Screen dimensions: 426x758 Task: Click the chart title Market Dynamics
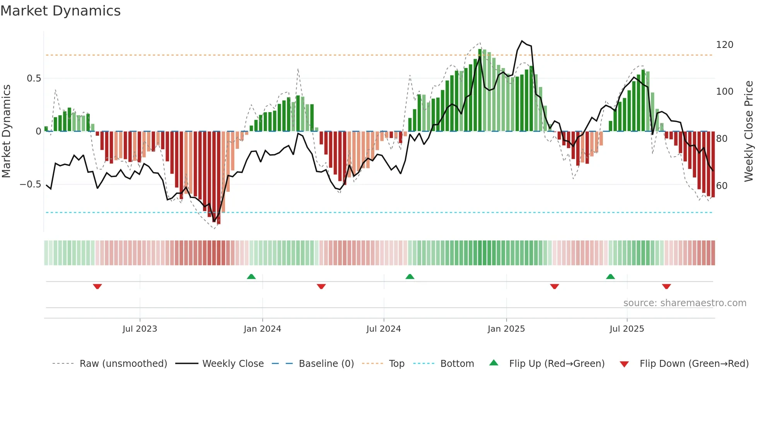pos(60,11)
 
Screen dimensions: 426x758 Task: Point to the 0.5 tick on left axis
pos(34,78)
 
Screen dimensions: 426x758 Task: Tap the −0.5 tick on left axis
pos(31,184)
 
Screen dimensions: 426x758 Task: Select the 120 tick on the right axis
pos(724,45)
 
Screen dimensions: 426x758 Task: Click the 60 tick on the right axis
pos(722,186)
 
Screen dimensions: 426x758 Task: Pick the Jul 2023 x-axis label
pos(140,329)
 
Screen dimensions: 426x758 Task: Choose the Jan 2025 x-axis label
pos(506,329)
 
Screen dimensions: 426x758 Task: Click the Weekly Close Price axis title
pos(749,131)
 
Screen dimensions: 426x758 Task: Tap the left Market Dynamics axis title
pos(6,131)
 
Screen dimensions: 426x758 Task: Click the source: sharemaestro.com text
pos(685,303)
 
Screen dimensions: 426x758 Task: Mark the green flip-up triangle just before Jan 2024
pos(251,276)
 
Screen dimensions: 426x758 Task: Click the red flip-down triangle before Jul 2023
pos(97,286)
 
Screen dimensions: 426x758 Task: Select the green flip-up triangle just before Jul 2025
pos(610,276)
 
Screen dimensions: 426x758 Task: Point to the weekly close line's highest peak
pos(522,41)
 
